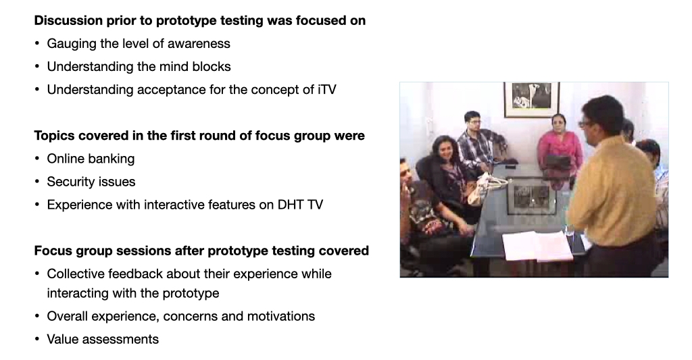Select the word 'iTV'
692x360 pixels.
[326, 90]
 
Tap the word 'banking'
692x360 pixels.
[113, 159]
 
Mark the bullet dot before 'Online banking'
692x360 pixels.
[37, 159]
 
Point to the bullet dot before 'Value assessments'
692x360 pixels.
[37, 339]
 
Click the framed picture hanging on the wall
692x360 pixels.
[531, 99]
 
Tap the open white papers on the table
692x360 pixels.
[539, 245]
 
